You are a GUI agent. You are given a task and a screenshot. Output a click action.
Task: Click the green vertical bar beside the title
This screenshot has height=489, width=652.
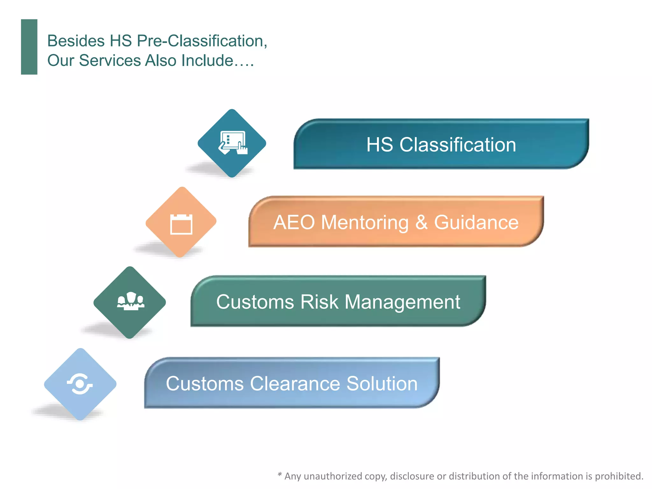(29, 47)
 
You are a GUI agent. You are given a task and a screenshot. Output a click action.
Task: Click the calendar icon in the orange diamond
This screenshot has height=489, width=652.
(181, 224)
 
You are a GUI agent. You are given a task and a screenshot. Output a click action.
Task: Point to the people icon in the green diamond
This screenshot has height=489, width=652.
(131, 301)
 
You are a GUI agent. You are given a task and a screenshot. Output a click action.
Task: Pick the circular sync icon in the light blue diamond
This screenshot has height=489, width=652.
(80, 384)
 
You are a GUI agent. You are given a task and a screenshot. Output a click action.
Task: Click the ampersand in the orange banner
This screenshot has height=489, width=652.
(421, 222)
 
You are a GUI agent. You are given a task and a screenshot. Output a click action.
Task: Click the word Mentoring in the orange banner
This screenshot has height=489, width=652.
(365, 222)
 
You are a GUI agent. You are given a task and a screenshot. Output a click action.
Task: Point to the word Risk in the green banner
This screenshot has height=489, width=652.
(319, 302)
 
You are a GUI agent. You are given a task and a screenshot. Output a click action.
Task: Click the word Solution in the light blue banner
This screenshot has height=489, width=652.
(382, 383)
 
